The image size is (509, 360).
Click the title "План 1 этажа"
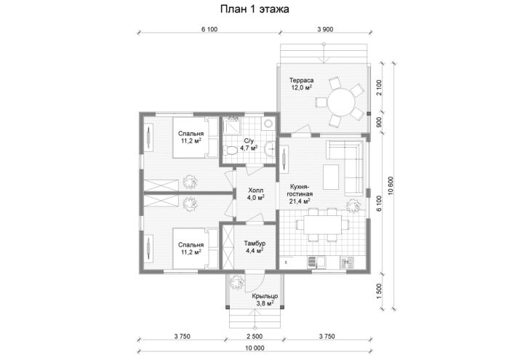point(254,9)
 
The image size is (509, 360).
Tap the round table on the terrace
point(341,103)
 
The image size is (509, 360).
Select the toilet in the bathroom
point(231,151)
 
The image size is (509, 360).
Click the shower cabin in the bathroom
point(233,124)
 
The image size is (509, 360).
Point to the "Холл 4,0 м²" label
point(256,193)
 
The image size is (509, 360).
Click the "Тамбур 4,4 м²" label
point(254,247)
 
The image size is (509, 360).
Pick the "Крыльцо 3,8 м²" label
point(265,300)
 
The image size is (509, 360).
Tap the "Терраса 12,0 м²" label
point(302,84)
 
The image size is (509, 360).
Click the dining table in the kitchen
point(323,225)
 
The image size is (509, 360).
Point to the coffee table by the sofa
point(331,177)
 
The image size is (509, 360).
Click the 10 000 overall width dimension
point(254,348)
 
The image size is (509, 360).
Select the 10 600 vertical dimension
point(390,185)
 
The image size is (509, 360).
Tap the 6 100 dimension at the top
point(209,30)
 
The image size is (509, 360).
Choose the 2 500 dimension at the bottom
point(254,337)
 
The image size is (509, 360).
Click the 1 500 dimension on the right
point(379,292)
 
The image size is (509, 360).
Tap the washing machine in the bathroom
point(268,124)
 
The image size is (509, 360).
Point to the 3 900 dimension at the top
point(325,30)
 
